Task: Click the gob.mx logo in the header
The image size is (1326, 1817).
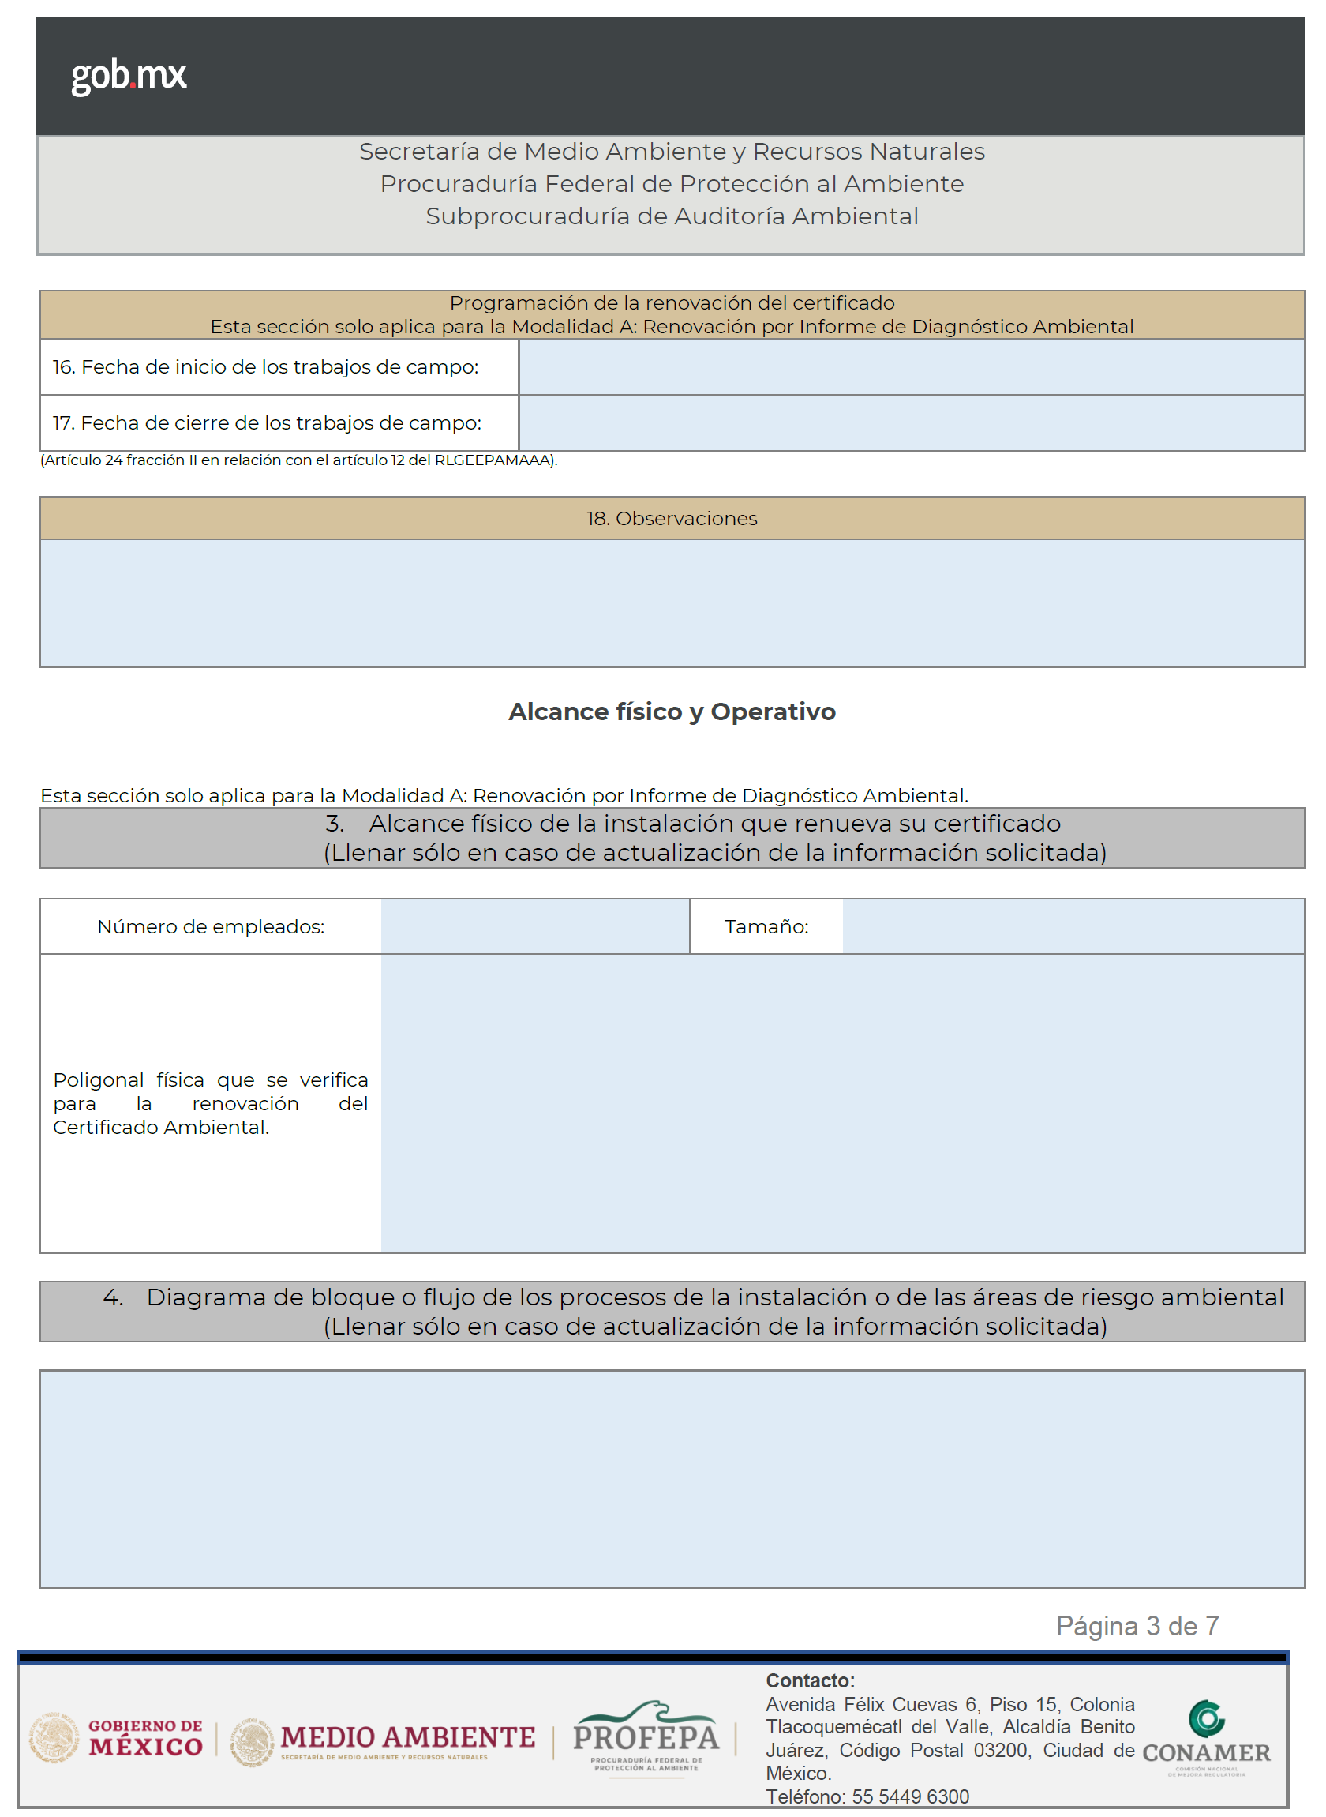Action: coord(129,77)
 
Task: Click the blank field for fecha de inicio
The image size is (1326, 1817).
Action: coord(910,367)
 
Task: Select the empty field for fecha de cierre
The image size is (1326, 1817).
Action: coord(910,423)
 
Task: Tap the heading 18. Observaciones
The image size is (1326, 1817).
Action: coord(672,519)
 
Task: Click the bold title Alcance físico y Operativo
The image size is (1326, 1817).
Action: coord(672,712)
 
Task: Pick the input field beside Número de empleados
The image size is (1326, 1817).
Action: coord(534,926)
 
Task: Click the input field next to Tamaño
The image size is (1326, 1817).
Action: coord(1073,926)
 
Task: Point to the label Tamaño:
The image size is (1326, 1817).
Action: coord(766,927)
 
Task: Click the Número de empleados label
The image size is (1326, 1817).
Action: coord(211,927)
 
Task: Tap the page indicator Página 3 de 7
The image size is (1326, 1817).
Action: coord(1137,1627)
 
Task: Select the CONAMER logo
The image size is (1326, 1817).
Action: coord(1206,1738)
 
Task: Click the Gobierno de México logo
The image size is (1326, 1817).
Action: coord(116,1738)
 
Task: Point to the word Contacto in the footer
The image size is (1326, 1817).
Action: coord(810,1681)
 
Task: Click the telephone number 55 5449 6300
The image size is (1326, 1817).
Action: coord(910,1797)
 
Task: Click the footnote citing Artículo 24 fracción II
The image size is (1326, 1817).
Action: coord(298,461)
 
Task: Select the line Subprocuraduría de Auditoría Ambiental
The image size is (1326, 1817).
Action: coord(672,217)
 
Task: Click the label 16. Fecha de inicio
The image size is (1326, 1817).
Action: coord(266,368)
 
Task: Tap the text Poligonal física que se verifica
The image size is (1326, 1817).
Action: coord(210,1080)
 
